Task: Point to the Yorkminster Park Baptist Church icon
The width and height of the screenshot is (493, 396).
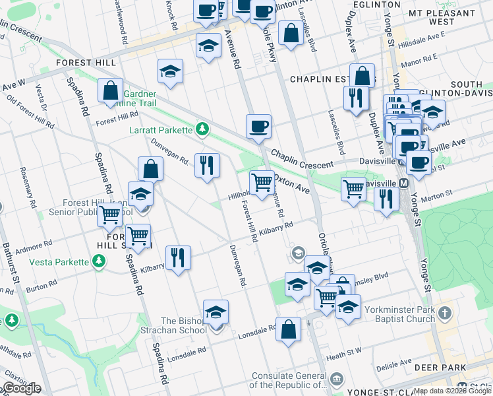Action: point(446,312)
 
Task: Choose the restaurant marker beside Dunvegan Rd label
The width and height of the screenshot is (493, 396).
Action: point(208,166)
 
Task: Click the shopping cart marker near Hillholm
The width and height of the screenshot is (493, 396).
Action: point(262,183)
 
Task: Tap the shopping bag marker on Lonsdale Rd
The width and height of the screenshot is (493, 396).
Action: point(288,329)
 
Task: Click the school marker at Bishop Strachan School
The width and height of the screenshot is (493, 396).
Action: point(216,313)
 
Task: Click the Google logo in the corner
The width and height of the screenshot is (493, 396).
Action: point(22,388)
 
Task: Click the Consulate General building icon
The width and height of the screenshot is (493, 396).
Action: point(338,379)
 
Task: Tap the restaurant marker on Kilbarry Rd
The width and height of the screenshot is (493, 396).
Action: point(177,257)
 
